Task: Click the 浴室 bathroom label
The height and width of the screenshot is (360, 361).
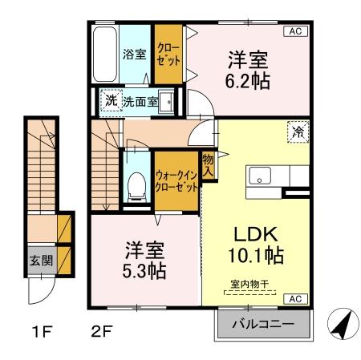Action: coord(133,55)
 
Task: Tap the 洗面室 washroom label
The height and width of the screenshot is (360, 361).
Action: coord(140,103)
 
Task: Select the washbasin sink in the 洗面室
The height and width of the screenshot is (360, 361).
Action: coord(168,102)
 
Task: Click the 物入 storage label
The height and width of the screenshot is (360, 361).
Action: coord(208,165)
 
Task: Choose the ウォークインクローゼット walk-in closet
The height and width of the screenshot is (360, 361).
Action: coord(176,180)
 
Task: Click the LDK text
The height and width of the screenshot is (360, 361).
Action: coord(254,235)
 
